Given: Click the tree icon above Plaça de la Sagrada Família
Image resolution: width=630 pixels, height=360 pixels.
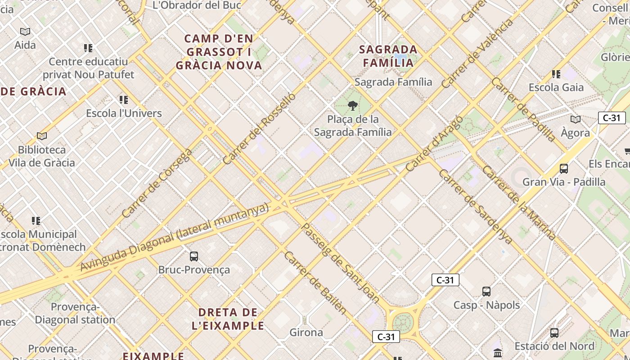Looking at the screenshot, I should click(353, 106).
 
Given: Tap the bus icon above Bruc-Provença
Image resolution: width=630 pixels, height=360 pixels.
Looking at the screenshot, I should click(194, 256).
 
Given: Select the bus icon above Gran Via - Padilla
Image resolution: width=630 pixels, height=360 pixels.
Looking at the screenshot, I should click(563, 169).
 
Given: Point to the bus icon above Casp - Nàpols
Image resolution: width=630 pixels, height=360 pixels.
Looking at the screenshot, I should click(486, 292).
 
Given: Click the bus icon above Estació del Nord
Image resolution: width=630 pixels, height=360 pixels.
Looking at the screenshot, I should click(554, 333).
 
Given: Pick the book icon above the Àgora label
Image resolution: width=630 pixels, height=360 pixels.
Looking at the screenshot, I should click(575, 120).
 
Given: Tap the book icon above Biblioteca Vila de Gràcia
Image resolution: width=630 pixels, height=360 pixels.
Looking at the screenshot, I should click(42, 136).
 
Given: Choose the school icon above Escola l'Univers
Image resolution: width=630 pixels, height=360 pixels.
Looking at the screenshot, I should click(124, 100).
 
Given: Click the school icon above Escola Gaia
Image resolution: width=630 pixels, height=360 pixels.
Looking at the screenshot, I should click(556, 74).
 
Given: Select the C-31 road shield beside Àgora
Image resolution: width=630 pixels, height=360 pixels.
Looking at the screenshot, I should click(612, 118).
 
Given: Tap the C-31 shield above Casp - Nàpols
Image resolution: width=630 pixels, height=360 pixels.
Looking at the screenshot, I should click(445, 280).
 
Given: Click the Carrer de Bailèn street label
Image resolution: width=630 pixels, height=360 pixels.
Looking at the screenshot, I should click(315, 283).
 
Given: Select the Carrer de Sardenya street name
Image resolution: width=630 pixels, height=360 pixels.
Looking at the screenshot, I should click(475, 207).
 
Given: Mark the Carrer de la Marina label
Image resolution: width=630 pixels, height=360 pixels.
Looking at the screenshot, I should click(518, 202).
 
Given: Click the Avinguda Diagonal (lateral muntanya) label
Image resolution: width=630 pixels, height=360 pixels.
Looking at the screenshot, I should click(175, 237).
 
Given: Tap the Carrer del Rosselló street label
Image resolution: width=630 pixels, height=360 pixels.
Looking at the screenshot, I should click(259, 129).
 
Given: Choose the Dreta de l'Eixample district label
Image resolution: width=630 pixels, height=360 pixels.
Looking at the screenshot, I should click(228, 319).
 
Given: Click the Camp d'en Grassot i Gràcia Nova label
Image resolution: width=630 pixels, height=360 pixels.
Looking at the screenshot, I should click(219, 52).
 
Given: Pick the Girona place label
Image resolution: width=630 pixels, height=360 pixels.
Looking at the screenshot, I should click(306, 333).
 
